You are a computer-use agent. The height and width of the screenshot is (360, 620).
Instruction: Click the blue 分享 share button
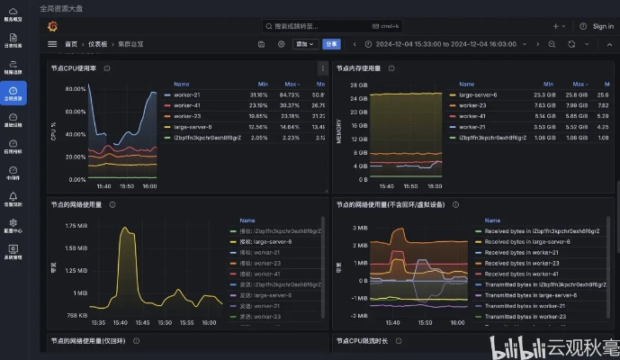pyautogui.click(x=332, y=43)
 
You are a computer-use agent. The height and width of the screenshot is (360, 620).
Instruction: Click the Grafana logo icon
pyautogui.click(x=52, y=24)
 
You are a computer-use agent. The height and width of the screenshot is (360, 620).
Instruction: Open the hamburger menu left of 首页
pyautogui.click(x=52, y=43)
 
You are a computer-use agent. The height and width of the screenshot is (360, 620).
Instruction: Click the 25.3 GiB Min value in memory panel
pyautogui.click(x=544, y=94)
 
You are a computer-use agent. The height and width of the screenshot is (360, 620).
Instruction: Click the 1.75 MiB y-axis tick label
pyautogui.click(x=76, y=226)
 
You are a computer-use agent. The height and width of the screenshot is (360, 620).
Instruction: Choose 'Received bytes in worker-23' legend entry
pyautogui.click(x=522, y=263)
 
